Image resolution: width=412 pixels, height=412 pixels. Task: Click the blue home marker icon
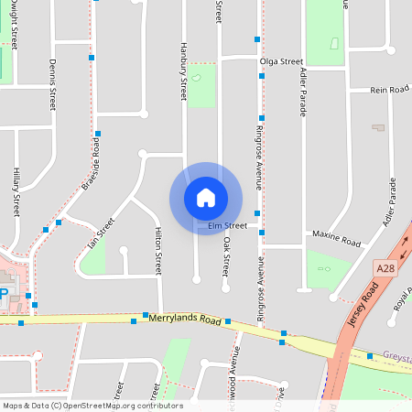[x=206, y=198]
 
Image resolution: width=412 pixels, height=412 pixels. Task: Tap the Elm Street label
[x=228, y=225]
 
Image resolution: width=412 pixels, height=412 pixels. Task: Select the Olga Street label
[x=280, y=61]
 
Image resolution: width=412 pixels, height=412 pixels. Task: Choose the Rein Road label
[x=389, y=90]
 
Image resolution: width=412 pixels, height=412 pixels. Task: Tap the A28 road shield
[x=385, y=266]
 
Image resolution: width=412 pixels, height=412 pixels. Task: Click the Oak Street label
[x=225, y=257]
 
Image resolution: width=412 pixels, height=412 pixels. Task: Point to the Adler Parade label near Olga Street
[x=303, y=94]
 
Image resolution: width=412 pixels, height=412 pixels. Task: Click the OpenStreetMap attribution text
[x=93, y=406]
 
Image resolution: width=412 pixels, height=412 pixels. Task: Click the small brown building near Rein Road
[x=379, y=127]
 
